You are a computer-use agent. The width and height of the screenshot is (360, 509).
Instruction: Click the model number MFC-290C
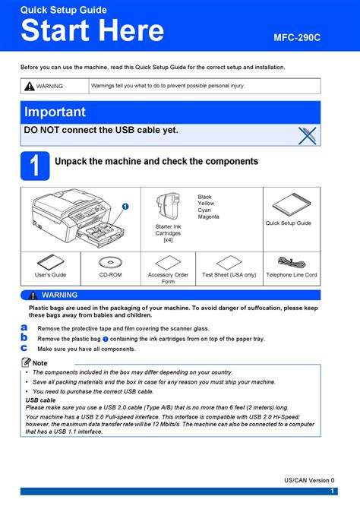(297, 38)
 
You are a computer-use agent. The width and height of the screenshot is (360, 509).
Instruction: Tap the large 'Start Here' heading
(93, 30)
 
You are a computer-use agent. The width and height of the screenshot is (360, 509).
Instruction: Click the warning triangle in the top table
(29, 86)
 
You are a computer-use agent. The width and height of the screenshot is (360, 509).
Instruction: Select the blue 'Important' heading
(55, 112)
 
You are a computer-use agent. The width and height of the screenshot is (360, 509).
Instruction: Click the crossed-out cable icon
(307, 136)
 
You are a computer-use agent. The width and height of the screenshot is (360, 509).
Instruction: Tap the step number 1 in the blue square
(35, 166)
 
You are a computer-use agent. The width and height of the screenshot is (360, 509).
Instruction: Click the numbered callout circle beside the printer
(125, 207)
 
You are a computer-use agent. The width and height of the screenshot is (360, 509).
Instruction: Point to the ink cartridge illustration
(168, 207)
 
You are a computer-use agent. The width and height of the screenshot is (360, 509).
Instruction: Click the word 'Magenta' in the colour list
(208, 217)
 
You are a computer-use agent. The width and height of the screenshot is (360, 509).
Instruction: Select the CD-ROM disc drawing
(110, 262)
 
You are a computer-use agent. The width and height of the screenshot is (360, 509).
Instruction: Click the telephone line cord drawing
(292, 263)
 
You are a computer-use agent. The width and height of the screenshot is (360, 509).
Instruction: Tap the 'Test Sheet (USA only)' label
(229, 274)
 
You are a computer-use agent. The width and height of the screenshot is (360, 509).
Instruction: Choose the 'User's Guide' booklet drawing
(50, 262)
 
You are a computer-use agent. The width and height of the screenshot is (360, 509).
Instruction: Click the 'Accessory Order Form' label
(168, 278)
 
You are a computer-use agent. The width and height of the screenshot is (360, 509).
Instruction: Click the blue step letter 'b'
(24, 337)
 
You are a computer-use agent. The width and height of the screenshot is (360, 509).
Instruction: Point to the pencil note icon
(26, 362)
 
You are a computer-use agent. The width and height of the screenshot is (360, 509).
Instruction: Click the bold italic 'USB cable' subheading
(40, 400)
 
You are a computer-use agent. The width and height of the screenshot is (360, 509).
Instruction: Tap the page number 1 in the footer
(332, 491)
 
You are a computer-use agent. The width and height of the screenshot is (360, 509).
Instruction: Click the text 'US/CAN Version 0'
(309, 480)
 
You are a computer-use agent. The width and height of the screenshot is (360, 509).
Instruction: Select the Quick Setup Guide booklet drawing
(292, 204)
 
